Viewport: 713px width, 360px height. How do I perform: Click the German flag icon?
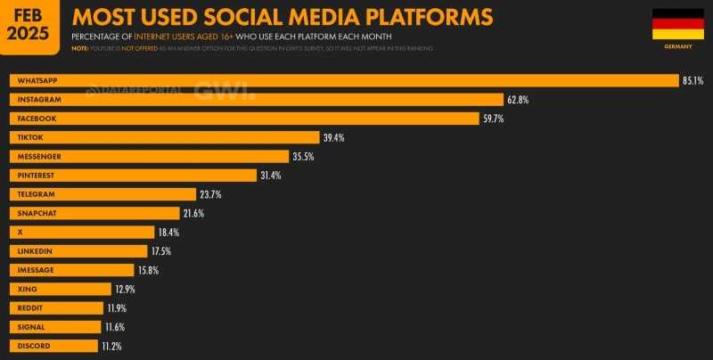click(x=677, y=24)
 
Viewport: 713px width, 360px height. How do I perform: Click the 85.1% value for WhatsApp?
click(x=693, y=80)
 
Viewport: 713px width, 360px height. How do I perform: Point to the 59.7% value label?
click(x=494, y=119)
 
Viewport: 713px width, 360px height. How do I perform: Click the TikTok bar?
click(x=164, y=137)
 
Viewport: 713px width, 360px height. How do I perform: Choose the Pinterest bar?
click(x=133, y=175)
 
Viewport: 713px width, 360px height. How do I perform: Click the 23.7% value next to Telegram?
click(x=210, y=194)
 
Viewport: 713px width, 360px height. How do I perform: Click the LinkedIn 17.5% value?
click(x=161, y=251)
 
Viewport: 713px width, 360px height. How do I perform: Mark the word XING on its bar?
click(x=27, y=289)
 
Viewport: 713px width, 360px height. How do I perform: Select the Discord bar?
click(x=53, y=346)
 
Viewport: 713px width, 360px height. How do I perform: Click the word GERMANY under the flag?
click(x=678, y=45)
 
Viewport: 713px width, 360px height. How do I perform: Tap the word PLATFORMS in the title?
click(x=419, y=17)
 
